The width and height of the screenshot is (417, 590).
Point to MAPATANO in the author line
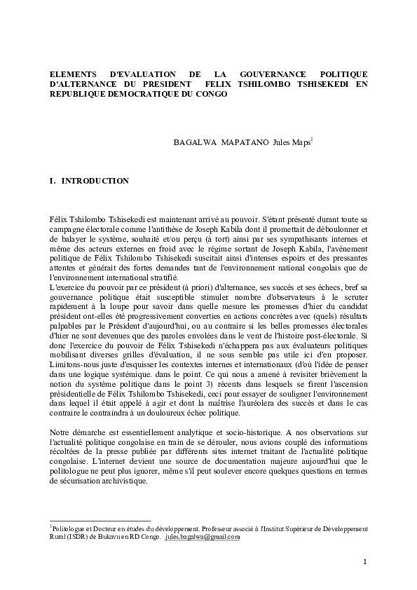[245, 142]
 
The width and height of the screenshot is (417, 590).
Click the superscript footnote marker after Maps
[312, 139]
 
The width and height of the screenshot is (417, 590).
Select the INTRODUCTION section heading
[95, 181]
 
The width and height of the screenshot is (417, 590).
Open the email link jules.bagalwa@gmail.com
[203, 537]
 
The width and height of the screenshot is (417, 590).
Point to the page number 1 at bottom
[365, 562]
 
